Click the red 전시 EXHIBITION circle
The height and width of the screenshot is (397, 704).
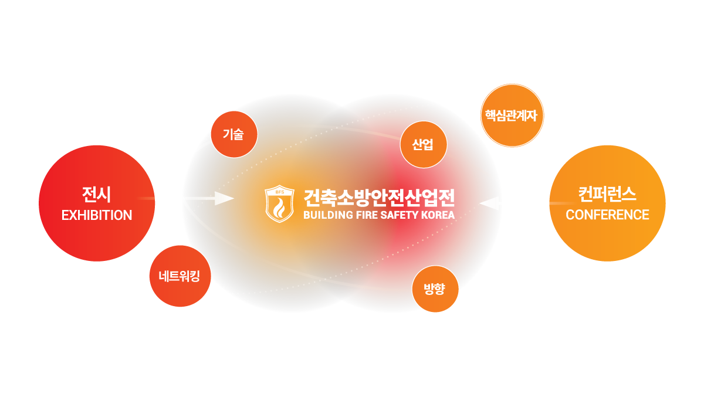coord(97,202)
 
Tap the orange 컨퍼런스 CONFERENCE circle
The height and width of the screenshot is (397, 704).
coord(607,202)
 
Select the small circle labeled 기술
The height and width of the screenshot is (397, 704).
coord(233,134)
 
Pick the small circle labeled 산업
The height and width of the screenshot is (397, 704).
coord(423,144)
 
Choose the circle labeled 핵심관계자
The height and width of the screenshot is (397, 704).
coord(512,115)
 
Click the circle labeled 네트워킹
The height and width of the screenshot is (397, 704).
coord(180,276)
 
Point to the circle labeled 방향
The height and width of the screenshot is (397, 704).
coord(435,289)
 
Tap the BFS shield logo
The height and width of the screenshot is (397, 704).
coord(280,204)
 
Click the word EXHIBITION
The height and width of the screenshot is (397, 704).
coord(97,215)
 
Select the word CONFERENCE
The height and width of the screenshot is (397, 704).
coord(607,215)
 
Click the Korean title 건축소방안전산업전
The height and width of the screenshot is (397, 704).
coord(379,196)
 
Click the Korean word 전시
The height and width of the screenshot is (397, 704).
coord(97,194)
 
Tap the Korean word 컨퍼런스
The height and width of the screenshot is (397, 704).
coord(607,194)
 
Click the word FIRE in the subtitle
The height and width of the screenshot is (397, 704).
coord(365,215)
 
